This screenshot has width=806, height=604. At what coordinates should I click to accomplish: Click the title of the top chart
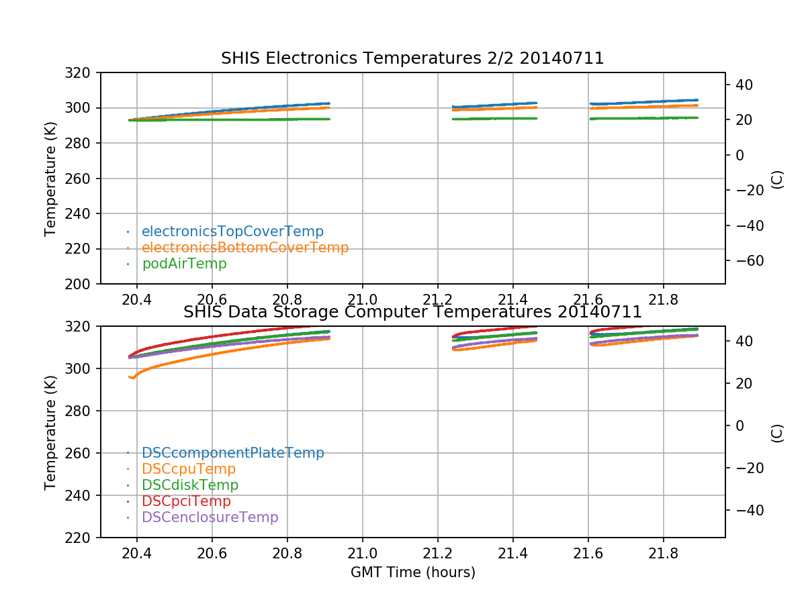412,59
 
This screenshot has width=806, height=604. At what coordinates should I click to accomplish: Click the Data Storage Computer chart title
412,312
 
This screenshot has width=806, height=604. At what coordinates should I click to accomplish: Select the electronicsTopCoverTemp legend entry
232,232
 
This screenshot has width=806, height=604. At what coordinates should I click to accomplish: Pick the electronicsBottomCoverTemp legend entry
245,248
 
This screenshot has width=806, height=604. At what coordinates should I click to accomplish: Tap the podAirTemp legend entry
184,264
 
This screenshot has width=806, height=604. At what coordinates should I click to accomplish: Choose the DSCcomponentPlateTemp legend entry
232,453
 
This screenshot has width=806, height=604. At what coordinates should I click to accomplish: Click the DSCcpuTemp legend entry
189,469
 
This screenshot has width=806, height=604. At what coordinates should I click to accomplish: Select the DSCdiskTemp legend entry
190,485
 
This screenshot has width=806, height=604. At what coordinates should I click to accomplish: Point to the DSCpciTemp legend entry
186,501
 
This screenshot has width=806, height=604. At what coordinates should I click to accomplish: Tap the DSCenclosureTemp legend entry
210,517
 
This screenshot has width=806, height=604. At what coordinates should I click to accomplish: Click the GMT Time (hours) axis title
412,572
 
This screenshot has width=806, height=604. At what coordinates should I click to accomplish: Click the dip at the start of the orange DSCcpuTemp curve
132,378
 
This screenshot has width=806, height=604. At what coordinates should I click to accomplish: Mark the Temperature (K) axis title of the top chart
50,179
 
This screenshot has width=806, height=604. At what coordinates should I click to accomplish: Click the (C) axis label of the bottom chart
777,432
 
